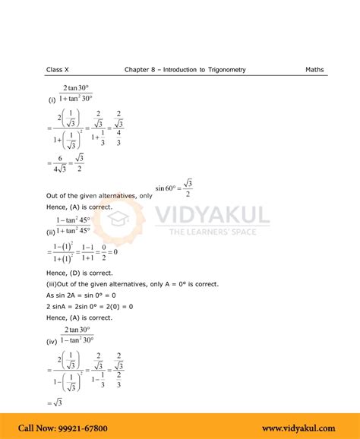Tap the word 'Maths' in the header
314,70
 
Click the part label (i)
52,99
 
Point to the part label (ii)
52,232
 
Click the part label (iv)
52,342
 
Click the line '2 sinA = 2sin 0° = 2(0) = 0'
90,306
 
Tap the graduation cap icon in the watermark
118,219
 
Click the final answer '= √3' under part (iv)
53,403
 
